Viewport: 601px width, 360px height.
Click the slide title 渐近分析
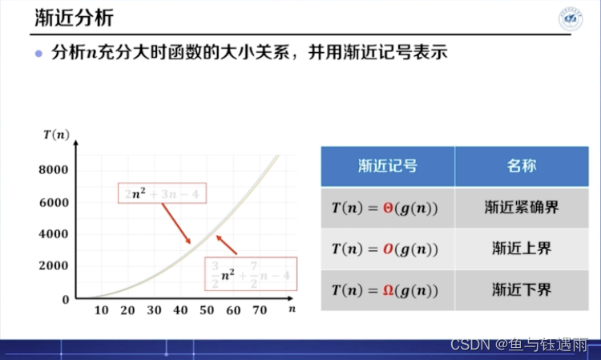(75, 18)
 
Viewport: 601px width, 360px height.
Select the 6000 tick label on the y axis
(54, 202)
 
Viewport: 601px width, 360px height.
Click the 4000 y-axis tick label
(54, 234)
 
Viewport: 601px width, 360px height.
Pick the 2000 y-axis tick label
(54, 266)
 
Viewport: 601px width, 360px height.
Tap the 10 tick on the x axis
(101, 310)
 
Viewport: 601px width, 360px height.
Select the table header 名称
(522, 167)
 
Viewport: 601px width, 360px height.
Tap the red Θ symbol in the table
(389, 208)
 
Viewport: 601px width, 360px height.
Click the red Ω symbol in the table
(389, 289)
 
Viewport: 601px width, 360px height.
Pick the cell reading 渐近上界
(522, 249)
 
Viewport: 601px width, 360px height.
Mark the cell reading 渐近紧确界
(522, 208)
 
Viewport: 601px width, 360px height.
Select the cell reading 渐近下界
(522, 289)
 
